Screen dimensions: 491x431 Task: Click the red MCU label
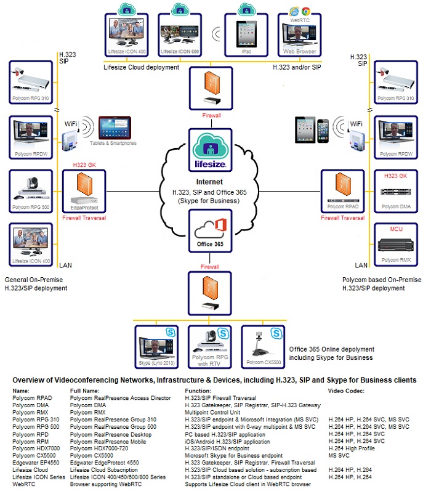pyautogui.click(x=395, y=229)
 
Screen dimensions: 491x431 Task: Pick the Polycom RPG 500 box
pyautogui.click(x=32, y=192)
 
